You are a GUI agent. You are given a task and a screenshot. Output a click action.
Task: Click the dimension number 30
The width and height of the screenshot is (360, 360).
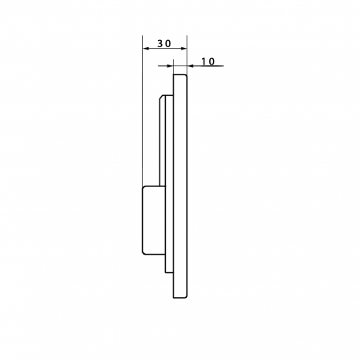tap(164, 43)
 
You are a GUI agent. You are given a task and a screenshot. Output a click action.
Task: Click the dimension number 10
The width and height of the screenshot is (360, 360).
tap(208, 61)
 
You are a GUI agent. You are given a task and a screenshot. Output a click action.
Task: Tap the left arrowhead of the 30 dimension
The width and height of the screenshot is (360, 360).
tap(145, 49)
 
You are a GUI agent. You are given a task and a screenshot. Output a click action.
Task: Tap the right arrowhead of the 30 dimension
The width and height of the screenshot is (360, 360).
tap(184, 49)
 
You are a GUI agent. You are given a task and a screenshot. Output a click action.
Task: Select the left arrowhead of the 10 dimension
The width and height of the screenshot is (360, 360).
tap(171, 66)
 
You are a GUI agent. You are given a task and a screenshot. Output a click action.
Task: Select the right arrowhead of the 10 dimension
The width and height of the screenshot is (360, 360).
tap(190, 66)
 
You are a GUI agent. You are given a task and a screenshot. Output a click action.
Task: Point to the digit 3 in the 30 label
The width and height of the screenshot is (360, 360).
tap(160, 43)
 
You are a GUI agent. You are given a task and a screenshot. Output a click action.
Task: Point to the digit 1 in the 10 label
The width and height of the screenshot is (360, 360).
tap(204, 61)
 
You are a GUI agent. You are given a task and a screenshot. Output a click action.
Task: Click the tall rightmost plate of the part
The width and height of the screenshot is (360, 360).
tap(180, 186)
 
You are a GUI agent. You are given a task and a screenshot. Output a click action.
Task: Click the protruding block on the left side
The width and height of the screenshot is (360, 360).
tap(154, 220)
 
